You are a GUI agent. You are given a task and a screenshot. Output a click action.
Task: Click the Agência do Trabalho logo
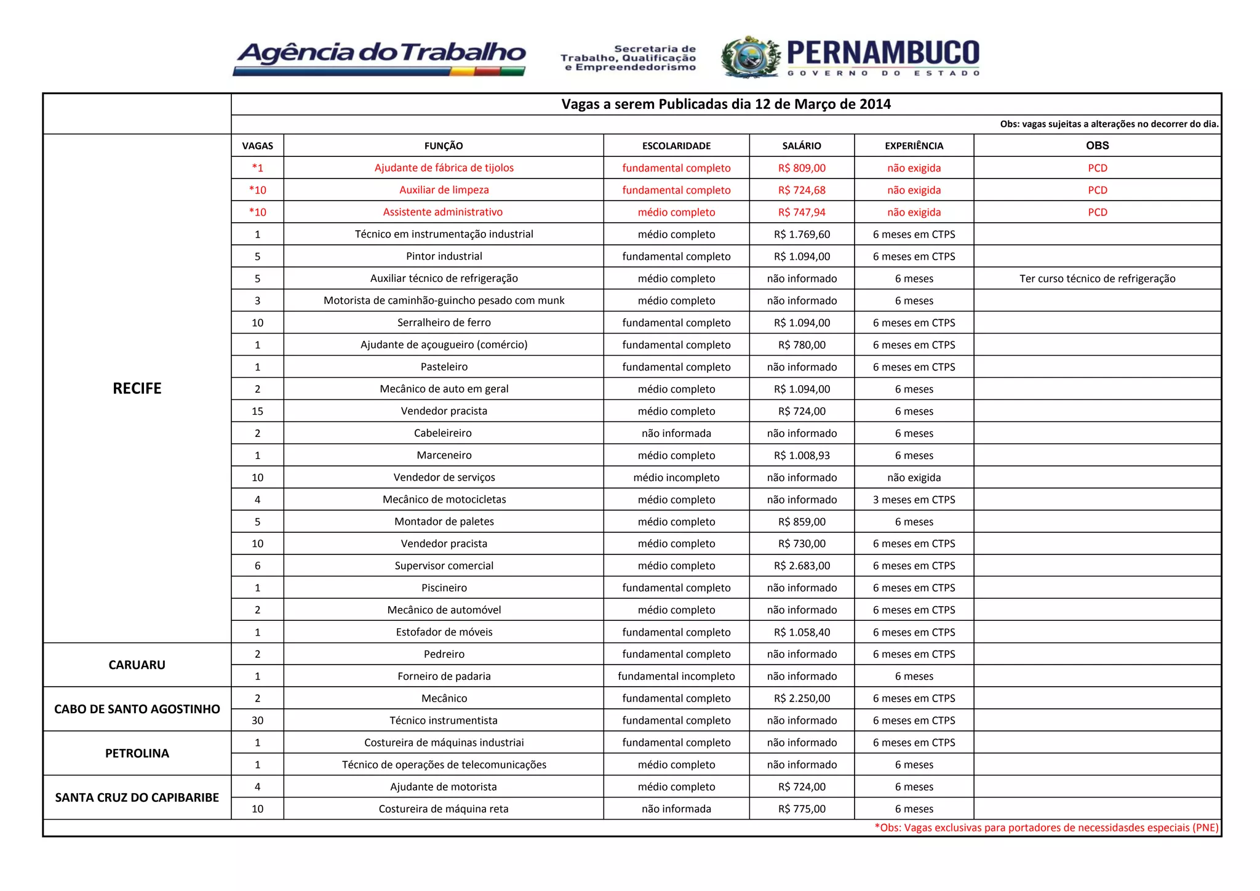[x=380, y=57]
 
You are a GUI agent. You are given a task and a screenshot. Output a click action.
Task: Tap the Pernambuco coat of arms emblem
[x=751, y=57]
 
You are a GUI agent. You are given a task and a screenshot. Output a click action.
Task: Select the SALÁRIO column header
[x=801, y=146]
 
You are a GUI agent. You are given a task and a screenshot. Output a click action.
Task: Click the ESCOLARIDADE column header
[x=676, y=146]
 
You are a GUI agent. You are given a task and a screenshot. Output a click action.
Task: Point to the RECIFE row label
[x=137, y=388]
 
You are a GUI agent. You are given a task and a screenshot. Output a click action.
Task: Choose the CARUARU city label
[x=137, y=665]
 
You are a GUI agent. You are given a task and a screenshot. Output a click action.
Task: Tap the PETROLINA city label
[x=137, y=753]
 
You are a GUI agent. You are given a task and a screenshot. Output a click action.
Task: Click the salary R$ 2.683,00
[x=802, y=565]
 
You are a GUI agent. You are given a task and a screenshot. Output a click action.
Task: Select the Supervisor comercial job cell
[x=444, y=565]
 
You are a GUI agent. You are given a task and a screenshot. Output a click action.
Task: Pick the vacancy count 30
[x=257, y=721]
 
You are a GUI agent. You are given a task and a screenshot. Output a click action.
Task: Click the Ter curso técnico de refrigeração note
[x=1097, y=279]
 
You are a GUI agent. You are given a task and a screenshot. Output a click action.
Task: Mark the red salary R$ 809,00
[x=802, y=168]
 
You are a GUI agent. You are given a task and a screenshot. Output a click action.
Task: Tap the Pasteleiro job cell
[x=444, y=367]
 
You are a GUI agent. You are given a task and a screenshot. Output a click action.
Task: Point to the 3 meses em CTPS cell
[x=914, y=500]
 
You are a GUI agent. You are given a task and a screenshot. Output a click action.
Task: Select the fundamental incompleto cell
[x=676, y=676]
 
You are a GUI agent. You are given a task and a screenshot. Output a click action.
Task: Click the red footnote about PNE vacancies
[x=1046, y=828]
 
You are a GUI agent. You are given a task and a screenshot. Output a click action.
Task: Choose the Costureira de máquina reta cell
[x=444, y=809]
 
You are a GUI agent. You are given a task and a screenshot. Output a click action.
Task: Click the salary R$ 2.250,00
[x=802, y=698]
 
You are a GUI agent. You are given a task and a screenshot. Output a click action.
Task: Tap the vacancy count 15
[x=257, y=411]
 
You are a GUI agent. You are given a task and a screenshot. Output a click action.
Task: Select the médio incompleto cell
[x=676, y=477]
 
